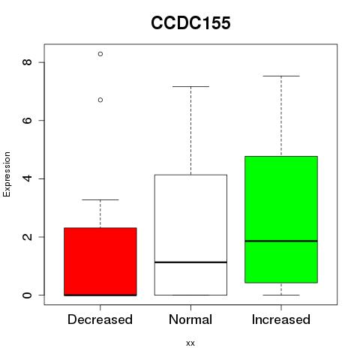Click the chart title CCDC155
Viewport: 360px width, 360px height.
pos(190,23)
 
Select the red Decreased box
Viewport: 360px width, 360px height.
pos(100,262)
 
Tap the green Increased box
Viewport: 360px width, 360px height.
pos(281,220)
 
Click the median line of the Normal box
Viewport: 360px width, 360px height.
pos(190,262)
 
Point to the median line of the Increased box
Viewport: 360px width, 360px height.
pos(281,241)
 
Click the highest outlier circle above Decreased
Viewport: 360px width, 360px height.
pos(100,54)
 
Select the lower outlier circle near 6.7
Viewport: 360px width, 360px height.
pos(100,100)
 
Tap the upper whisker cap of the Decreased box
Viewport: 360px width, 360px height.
pos(100,199)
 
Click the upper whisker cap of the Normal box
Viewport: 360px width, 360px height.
pos(190,86)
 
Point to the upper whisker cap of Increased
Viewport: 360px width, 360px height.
pos(281,76)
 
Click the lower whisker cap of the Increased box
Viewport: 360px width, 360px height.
pos(281,295)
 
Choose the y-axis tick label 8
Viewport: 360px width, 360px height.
pos(27,62)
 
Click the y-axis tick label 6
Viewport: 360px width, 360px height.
pos(27,120)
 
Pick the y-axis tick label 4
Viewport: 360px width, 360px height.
pos(27,178)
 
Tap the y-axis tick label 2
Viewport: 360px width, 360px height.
pos(27,237)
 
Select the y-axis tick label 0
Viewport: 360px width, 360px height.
pos(27,295)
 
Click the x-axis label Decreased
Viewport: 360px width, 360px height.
pos(100,319)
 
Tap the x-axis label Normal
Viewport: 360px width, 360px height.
pos(190,319)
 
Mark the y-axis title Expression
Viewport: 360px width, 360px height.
pos(7,174)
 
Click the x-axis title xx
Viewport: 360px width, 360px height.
pos(190,343)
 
